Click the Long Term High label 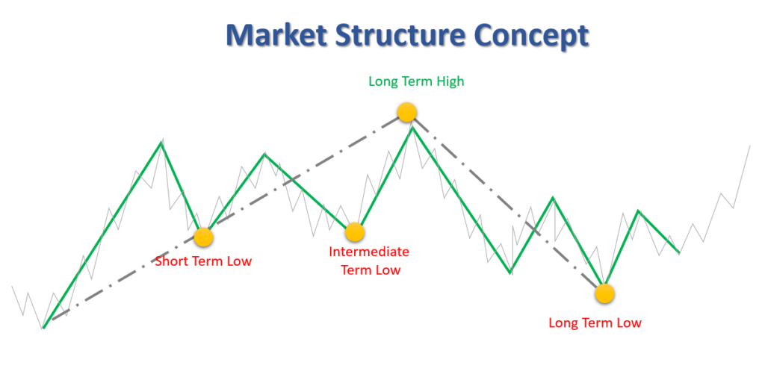coord(416,81)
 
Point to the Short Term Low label coord(203,261)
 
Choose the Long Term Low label coord(595,323)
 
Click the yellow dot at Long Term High coord(406,113)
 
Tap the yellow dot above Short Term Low coord(203,237)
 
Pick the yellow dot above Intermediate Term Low coord(354,232)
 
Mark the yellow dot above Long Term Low coord(604,293)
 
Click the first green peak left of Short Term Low coord(161,142)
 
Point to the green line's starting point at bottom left coord(44,327)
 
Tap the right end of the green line coord(678,252)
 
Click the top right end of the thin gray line coord(749,146)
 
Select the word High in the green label coord(449,81)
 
